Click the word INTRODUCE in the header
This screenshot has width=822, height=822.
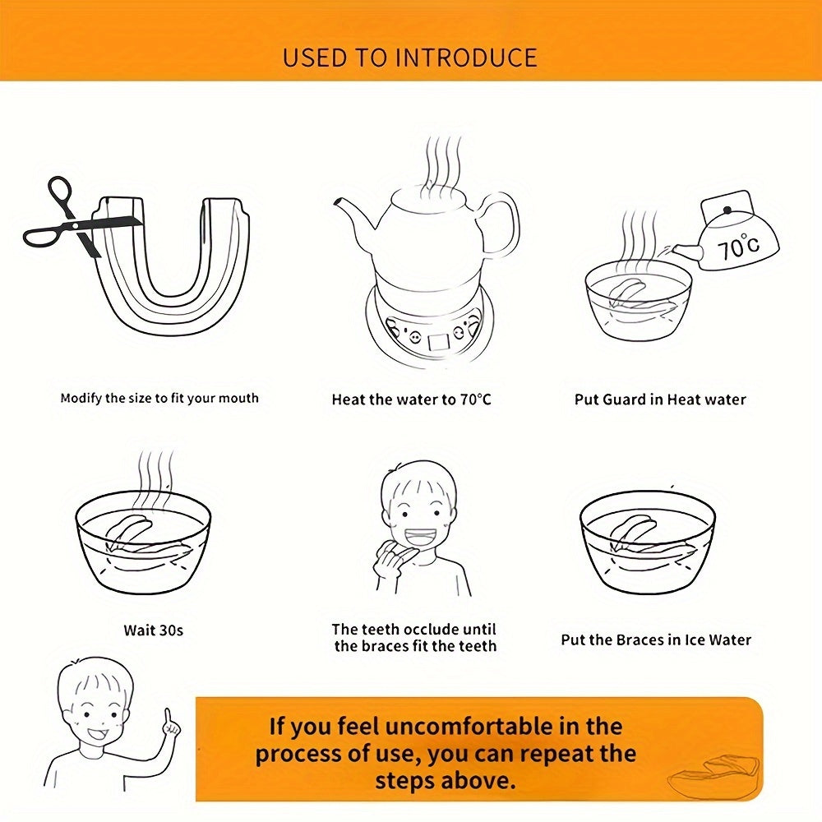(x=466, y=58)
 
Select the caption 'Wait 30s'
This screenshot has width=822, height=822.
(x=154, y=630)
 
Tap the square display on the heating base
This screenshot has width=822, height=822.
(x=439, y=341)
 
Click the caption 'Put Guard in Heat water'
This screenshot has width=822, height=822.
(x=660, y=399)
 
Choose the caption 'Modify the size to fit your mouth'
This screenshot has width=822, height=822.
(x=159, y=398)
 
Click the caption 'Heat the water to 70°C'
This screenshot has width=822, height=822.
(x=412, y=399)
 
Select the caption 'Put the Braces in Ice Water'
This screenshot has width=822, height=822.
(x=656, y=640)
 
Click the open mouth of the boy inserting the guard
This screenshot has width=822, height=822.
(x=420, y=538)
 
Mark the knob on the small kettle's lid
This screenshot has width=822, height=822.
(x=727, y=210)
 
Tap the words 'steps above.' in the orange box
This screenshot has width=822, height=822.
(x=446, y=781)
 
